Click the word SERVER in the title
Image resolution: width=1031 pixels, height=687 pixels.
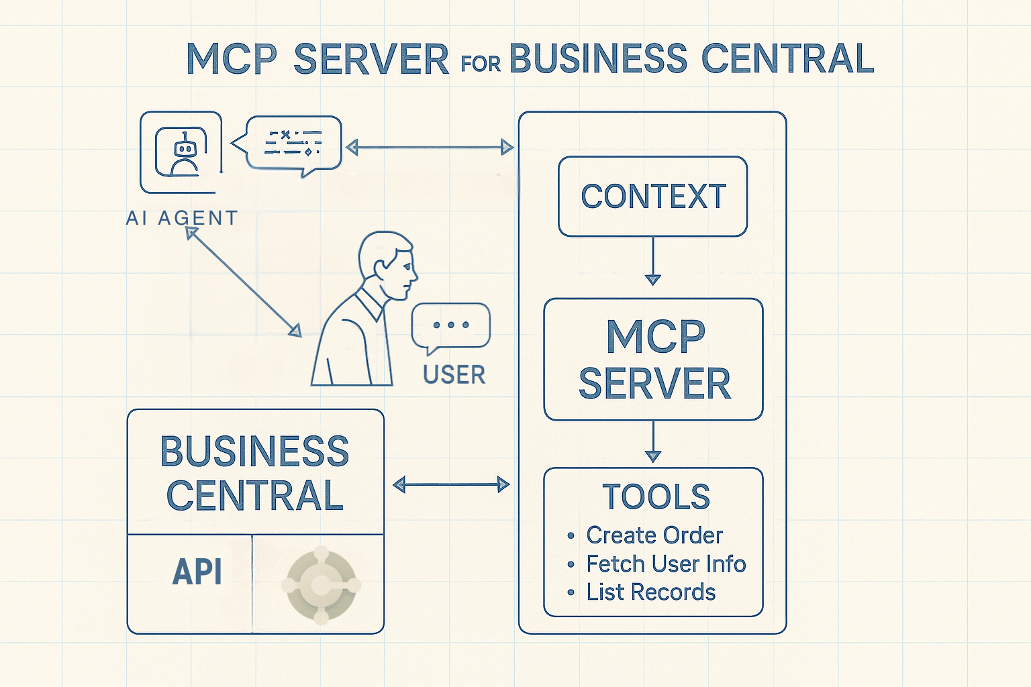371,59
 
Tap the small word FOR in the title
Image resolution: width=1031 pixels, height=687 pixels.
481,64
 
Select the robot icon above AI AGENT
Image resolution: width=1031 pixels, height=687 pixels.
181,152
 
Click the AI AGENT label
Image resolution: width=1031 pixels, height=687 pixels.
182,218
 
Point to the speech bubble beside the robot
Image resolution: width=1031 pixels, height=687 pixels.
293,143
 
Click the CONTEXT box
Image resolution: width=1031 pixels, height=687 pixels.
653,197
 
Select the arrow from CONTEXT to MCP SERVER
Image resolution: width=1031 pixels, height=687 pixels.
653,261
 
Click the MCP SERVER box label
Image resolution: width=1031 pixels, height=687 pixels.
654,360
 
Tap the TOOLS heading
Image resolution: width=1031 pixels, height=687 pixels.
656,497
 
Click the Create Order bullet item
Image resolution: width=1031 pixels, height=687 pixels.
654,535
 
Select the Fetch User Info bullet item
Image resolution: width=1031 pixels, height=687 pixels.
665,564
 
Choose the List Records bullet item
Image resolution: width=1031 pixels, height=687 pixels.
650,592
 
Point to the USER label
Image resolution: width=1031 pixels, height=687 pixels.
454,375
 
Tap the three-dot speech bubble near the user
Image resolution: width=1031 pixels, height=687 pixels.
451,326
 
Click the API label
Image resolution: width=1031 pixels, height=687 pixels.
197,572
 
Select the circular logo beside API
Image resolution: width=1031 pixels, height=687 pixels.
321,585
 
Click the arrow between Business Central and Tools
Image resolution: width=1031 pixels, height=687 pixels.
451,484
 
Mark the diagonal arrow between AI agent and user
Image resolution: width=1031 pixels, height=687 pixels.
244,282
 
